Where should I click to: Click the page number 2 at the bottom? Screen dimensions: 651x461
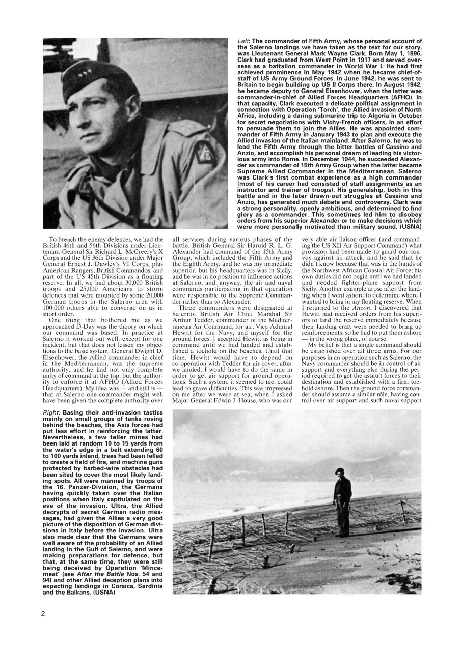point(43,613)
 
